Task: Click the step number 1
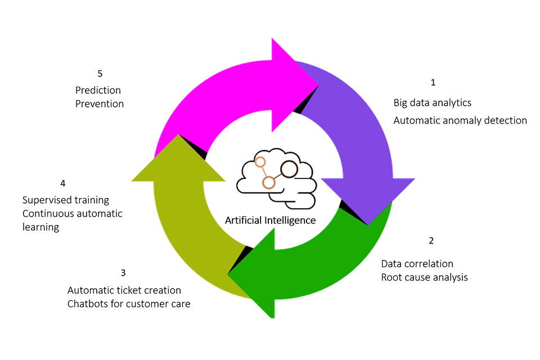433,82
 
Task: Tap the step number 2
431,241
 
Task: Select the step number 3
123,273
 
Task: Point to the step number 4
63,183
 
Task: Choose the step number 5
100,73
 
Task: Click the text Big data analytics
432,103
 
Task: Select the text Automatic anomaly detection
460,120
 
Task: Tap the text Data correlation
417,264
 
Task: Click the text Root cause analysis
424,277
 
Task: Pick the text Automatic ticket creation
124,290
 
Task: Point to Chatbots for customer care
128,304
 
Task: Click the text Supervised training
65,200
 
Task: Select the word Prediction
98,90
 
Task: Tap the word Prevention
99,104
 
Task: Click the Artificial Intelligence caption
270,220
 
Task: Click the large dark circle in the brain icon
289,168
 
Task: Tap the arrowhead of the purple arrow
368,200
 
